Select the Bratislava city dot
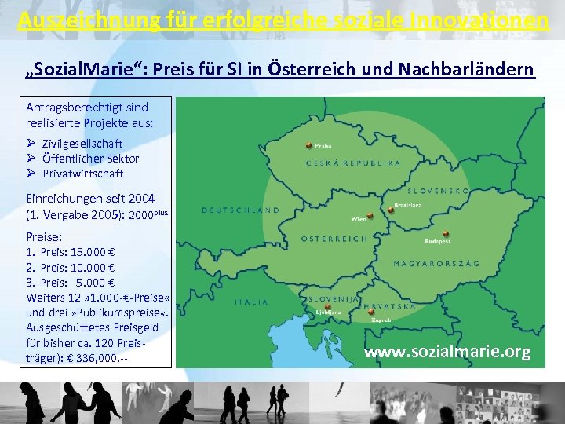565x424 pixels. (391, 209)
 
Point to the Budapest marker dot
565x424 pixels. (445, 234)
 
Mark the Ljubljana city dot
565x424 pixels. (317, 306)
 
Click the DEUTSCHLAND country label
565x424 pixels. (241, 210)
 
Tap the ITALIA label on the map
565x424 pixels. (251, 302)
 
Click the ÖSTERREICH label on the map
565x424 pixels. (334, 239)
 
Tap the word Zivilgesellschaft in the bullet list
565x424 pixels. (82, 144)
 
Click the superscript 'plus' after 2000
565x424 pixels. (160, 212)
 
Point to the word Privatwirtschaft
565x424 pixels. (83, 173)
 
